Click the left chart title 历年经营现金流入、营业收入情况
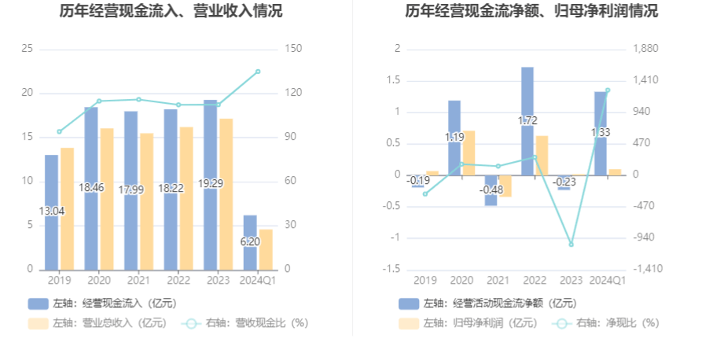coord(171,12)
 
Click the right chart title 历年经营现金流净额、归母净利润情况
coord(531,12)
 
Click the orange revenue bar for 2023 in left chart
coord(226,197)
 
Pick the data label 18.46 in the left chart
coord(91,188)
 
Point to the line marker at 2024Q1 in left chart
coord(258,72)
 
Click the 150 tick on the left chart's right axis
coord(294,49)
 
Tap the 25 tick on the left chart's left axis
coord(27,49)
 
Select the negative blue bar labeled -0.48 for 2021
coord(491,191)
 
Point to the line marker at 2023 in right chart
coord(572,244)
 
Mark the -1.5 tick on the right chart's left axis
coord(391,269)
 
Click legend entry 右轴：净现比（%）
coord(613,322)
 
